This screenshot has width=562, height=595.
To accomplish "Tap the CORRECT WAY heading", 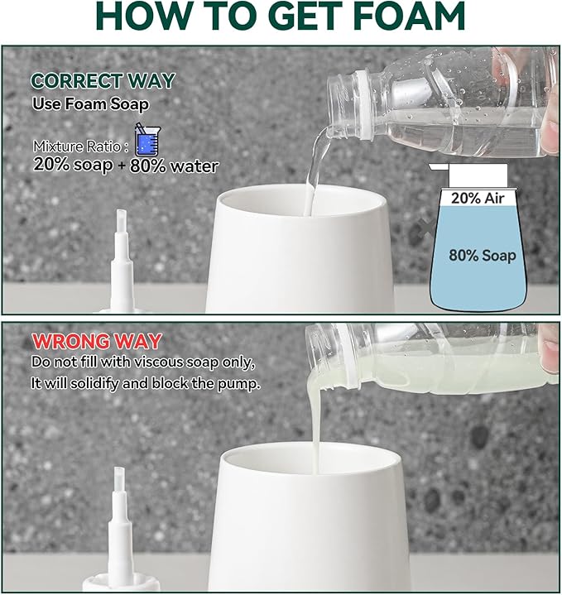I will tap(103, 81).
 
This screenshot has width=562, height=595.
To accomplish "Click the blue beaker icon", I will tap(146, 140).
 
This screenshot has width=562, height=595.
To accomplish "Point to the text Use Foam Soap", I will tap(91, 105).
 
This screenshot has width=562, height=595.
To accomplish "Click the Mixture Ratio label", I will tap(81, 146).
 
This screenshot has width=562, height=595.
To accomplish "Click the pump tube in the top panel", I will tap(121, 248).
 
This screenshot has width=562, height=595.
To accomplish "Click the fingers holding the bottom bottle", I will tap(549, 339).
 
